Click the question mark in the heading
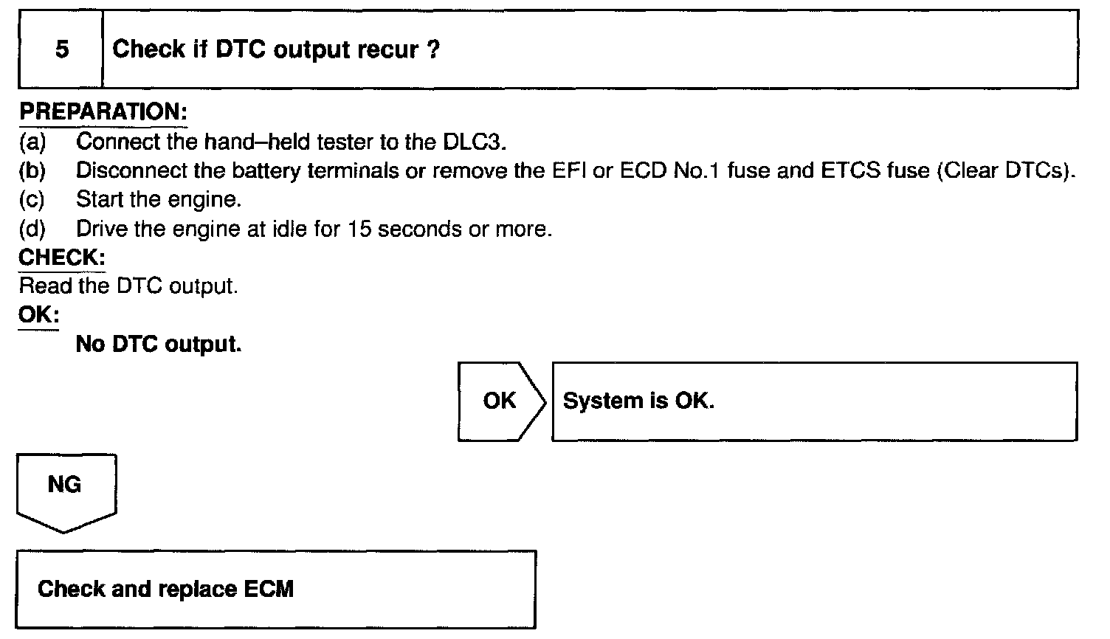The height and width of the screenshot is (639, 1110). (x=434, y=49)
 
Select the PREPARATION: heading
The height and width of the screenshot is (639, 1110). (x=103, y=112)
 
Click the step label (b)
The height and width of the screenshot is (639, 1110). (x=32, y=170)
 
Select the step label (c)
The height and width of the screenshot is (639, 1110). (x=32, y=199)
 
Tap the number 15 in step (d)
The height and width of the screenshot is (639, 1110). (x=359, y=229)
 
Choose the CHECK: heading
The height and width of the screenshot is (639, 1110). (x=62, y=258)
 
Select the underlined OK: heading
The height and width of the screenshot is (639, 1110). (x=38, y=315)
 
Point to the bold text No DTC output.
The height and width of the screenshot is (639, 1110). (x=159, y=345)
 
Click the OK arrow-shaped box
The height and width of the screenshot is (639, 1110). (x=500, y=401)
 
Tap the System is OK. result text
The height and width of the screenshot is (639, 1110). (x=638, y=401)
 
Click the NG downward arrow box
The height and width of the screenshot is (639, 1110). (x=65, y=487)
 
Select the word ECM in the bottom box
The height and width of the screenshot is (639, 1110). (x=269, y=589)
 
